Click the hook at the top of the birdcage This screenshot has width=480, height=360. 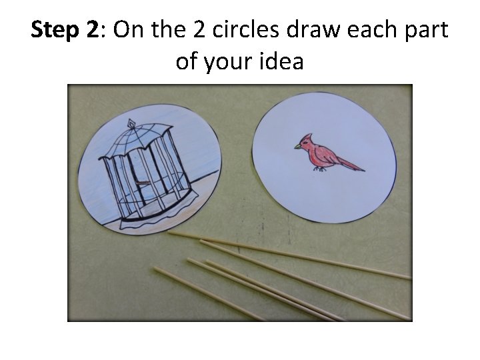click(x=131, y=122)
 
